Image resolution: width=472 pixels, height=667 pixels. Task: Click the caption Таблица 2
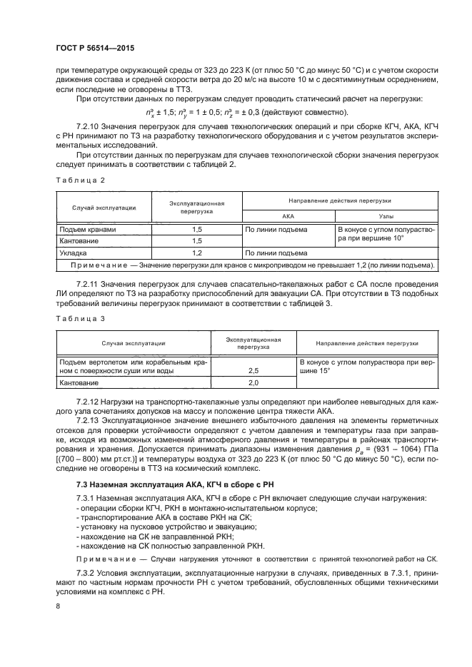79,180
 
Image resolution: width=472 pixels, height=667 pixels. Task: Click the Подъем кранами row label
88,230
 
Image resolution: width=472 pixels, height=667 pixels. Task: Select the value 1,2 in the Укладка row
197,253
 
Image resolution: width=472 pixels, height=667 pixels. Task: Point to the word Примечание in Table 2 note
100,265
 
